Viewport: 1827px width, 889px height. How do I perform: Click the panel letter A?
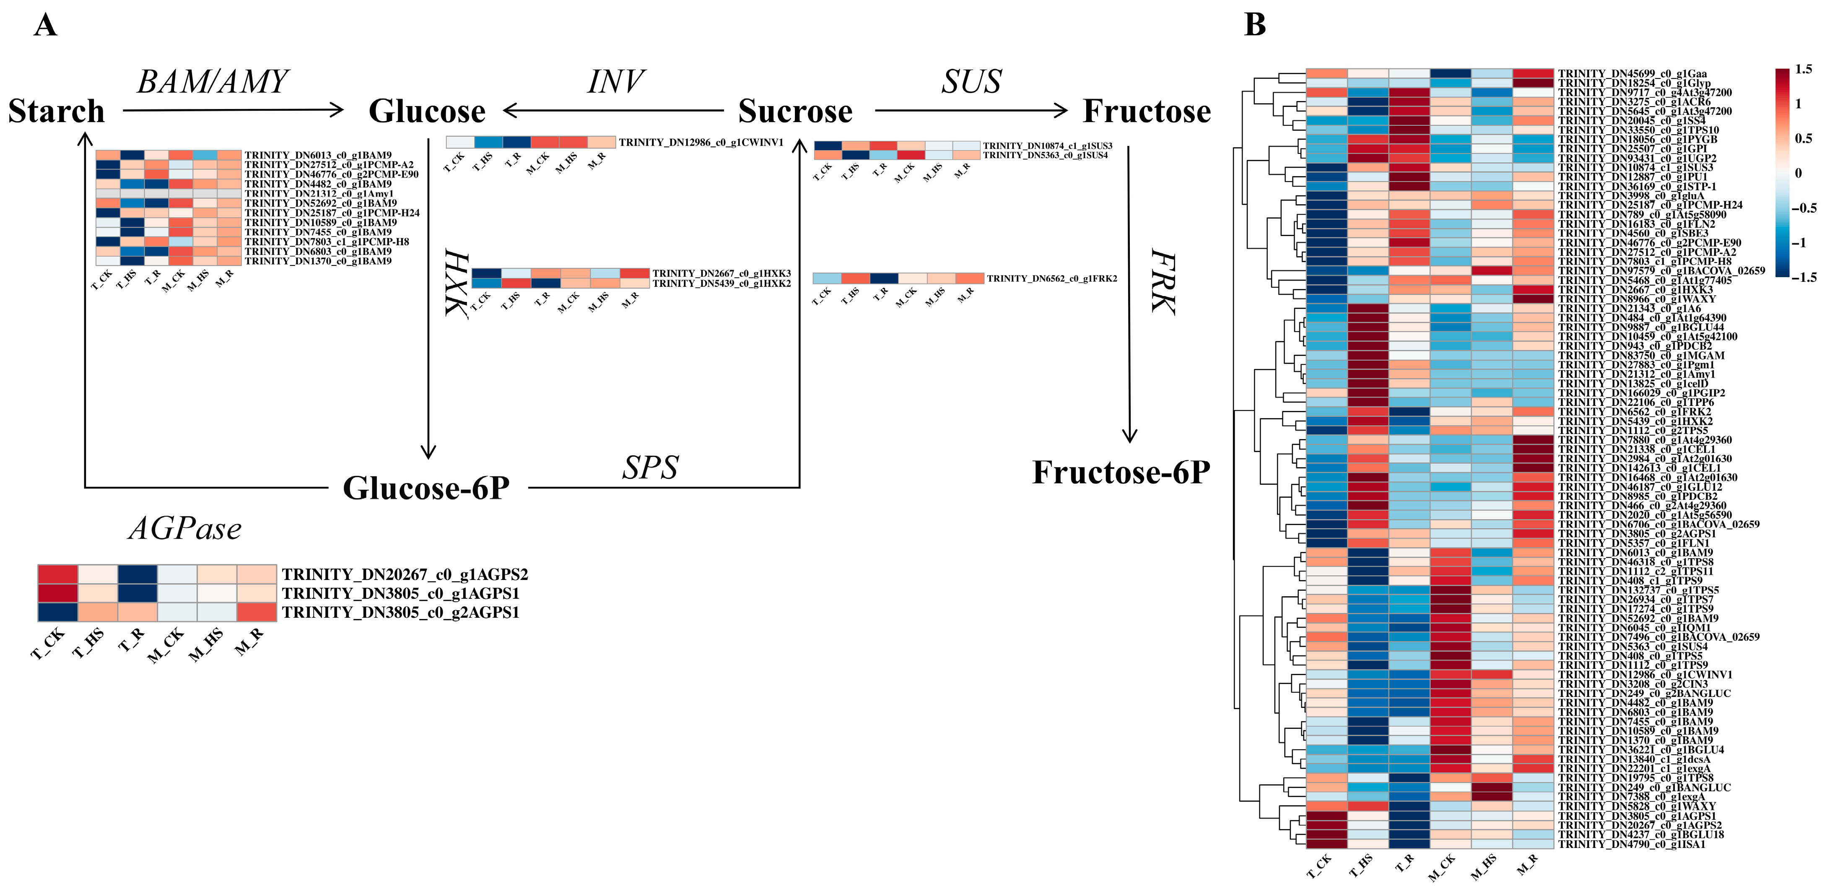[x=45, y=26]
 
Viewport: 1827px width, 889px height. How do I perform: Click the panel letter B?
[x=1255, y=26]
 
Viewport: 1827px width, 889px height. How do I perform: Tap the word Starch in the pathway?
[x=56, y=112]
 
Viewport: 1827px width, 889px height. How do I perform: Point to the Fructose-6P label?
[x=1121, y=473]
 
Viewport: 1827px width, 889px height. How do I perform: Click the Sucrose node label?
[x=795, y=112]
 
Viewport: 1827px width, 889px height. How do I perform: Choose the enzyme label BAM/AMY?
[x=213, y=82]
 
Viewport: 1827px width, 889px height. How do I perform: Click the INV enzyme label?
[x=615, y=82]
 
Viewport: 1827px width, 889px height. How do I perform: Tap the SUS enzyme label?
[x=971, y=82]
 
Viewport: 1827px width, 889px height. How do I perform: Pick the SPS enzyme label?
[x=650, y=468]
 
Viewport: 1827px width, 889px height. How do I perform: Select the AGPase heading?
[x=185, y=528]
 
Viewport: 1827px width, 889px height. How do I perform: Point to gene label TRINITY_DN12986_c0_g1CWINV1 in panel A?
[x=701, y=143]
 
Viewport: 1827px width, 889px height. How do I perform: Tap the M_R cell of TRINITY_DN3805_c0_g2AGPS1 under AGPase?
[x=257, y=612]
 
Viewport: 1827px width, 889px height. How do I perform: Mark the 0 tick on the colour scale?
[x=1798, y=173]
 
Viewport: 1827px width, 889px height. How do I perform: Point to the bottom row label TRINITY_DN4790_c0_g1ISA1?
[x=1631, y=844]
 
